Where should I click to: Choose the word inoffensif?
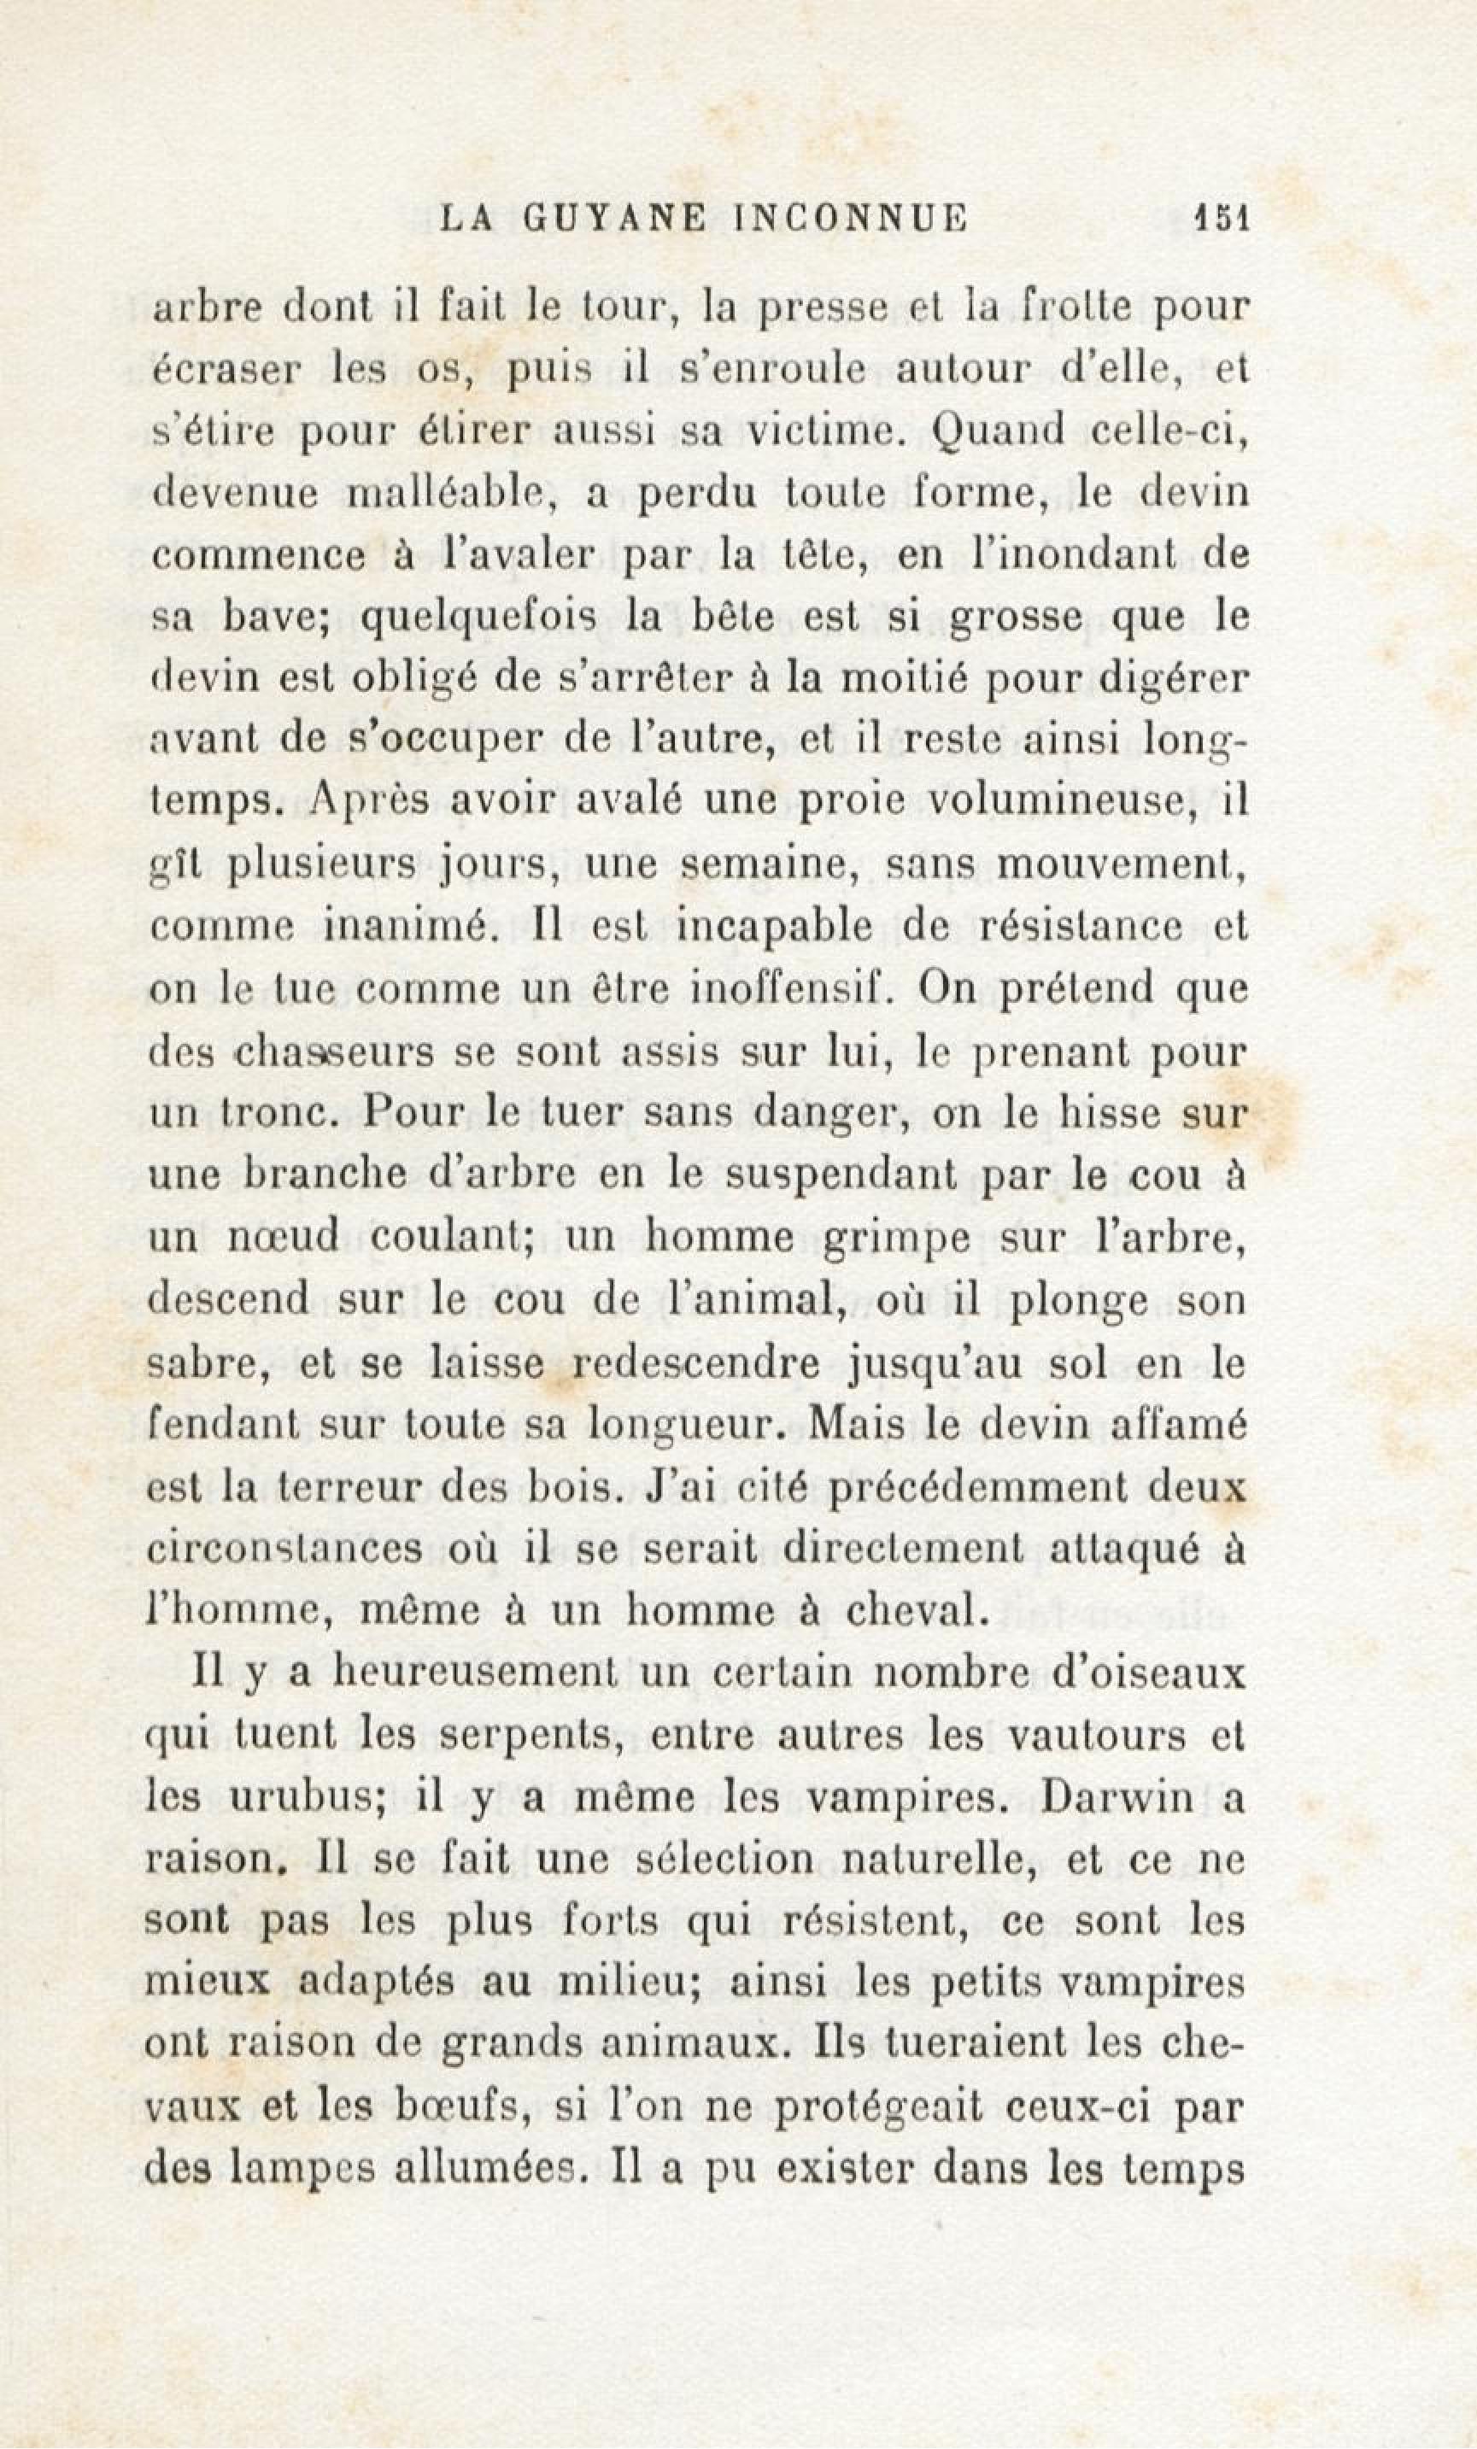coord(788,989)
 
